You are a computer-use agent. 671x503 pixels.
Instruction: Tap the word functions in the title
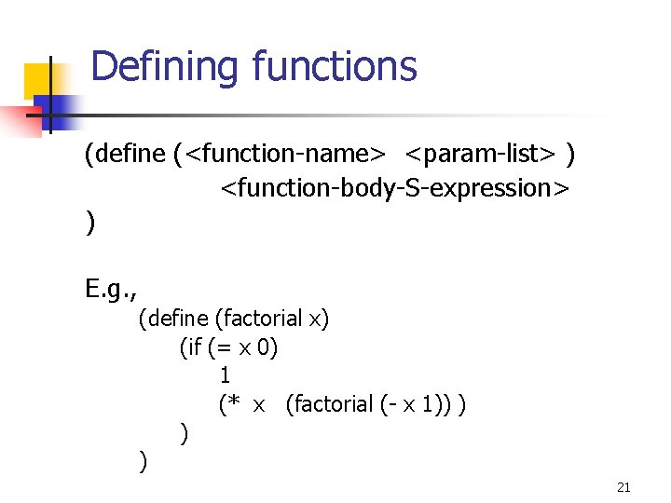tap(335, 67)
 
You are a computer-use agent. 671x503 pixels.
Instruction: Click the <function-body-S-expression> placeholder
tap(393, 188)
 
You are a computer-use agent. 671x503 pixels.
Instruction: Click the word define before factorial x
tap(178, 319)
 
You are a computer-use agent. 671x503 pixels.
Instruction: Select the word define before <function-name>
tap(129, 153)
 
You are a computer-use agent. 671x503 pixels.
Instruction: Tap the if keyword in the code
tap(193, 347)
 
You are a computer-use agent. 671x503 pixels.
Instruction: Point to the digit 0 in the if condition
tap(268, 347)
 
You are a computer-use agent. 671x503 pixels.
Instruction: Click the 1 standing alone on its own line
tap(225, 375)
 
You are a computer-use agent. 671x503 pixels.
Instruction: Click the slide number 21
tap(624, 487)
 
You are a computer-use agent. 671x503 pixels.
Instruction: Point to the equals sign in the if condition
tap(227, 348)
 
